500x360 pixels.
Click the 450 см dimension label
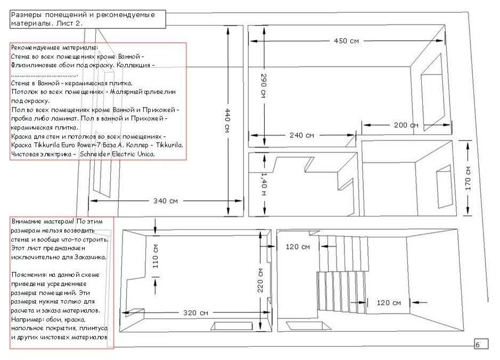(x=346, y=41)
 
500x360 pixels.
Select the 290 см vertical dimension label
(x=264, y=85)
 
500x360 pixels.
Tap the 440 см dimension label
(x=227, y=120)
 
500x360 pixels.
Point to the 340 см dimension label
(x=166, y=201)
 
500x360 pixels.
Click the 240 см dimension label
(x=302, y=135)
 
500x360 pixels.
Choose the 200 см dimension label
(x=406, y=125)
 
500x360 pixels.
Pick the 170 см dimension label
(x=468, y=178)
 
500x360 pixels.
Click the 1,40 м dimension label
(x=264, y=184)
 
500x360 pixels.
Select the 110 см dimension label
(x=155, y=256)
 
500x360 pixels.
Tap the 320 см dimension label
(x=195, y=313)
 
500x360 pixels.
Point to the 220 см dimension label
(x=260, y=280)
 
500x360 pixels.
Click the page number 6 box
(x=481, y=344)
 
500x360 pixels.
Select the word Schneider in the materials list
(x=95, y=154)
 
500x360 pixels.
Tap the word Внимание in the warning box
(x=27, y=222)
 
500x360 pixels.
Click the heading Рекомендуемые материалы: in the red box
(x=54, y=48)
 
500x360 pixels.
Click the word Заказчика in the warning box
(x=90, y=257)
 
